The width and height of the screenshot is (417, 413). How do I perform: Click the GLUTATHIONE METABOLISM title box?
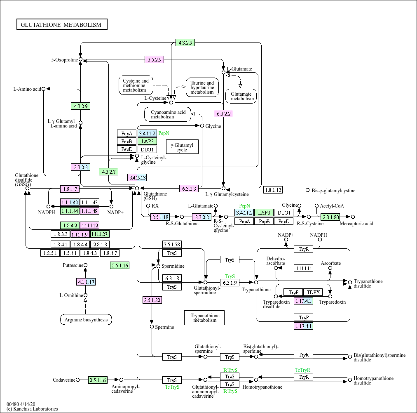click(62, 25)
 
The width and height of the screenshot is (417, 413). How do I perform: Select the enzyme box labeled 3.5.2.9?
click(154, 59)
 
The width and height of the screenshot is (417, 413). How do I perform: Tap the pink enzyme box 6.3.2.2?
click(224, 113)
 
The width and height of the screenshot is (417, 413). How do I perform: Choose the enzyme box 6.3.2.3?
click(189, 189)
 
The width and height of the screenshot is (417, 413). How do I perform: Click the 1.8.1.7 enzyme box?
click(70, 189)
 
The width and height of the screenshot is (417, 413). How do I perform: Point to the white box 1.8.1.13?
click(273, 190)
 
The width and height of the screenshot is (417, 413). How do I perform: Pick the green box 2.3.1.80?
click(330, 217)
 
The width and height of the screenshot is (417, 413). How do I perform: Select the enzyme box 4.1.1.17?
click(86, 282)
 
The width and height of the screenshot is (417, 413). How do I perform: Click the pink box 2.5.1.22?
click(152, 300)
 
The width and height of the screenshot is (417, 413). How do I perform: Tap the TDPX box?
click(314, 292)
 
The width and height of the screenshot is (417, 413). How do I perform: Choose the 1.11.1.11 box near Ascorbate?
click(303, 268)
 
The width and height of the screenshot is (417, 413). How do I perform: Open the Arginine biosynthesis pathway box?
click(86, 319)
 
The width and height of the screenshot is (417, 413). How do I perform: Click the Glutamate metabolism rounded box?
click(241, 96)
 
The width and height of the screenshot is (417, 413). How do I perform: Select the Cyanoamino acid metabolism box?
click(168, 114)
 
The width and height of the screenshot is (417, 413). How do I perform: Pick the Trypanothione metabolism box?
click(205, 317)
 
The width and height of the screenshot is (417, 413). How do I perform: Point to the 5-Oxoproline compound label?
click(64, 60)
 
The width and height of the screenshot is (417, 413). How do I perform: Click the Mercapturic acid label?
click(356, 224)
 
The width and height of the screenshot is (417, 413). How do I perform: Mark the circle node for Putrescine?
click(86, 265)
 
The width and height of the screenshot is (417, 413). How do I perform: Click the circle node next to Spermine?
click(152, 327)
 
